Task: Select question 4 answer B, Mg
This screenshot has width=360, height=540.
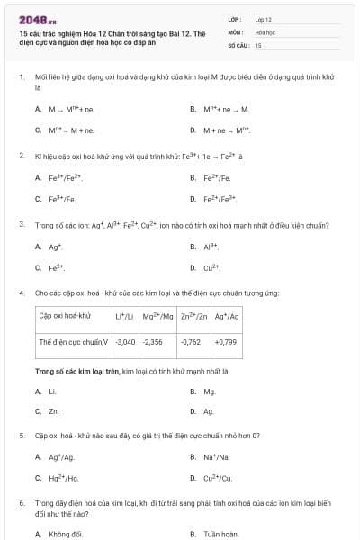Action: pos(209,391)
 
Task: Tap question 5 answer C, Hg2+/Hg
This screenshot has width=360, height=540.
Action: pos(61,478)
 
